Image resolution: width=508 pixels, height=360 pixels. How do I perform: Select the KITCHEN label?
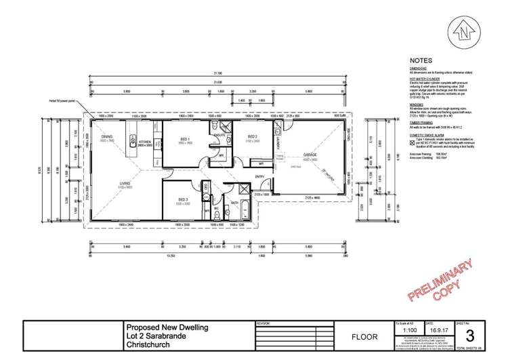tap(144, 142)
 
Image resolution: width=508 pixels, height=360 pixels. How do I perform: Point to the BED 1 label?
tap(184, 139)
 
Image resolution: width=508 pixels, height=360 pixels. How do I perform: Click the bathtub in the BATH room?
tap(245, 208)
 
